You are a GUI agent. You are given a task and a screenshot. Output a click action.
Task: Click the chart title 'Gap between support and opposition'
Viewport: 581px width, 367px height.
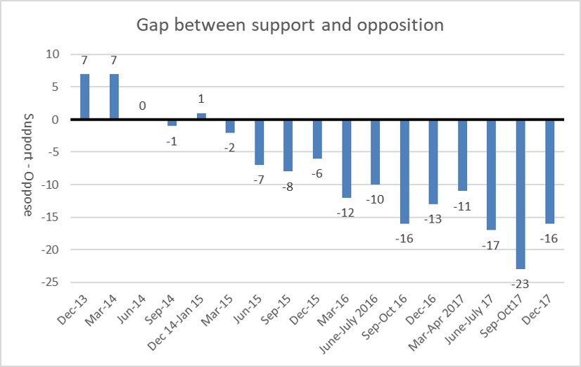(x=290, y=25)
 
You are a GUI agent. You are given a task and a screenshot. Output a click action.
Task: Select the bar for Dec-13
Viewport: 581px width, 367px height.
(x=84, y=97)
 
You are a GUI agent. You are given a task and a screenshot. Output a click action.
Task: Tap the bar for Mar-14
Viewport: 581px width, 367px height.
(x=114, y=97)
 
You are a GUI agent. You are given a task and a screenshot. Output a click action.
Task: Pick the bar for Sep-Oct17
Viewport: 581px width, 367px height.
(x=521, y=194)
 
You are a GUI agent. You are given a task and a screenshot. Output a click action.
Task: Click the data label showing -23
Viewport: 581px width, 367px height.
(x=521, y=284)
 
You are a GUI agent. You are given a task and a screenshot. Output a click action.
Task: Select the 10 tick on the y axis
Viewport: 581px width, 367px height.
(x=53, y=54)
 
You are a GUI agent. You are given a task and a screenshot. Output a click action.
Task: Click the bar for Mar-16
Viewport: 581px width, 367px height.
(x=347, y=158)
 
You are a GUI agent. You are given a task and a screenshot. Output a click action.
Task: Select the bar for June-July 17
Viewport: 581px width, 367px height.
(x=492, y=175)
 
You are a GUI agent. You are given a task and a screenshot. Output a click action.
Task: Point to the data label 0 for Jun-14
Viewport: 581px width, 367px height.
(x=143, y=106)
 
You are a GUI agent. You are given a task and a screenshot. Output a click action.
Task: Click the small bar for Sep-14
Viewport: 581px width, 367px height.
(x=172, y=123)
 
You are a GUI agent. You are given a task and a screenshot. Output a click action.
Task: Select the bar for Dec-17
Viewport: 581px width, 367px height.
(x=550, y=171)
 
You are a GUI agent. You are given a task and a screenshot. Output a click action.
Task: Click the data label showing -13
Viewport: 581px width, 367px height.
(x=434, y=218)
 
